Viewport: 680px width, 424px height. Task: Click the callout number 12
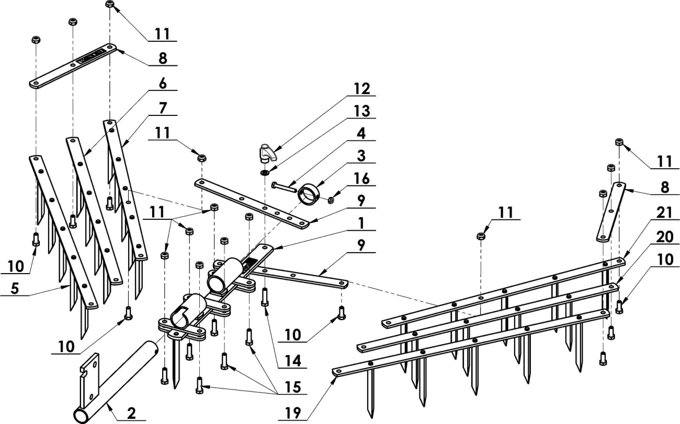click(362, 89)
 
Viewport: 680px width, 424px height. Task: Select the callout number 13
click(362, 111)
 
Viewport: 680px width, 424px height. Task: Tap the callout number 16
click(362, 179)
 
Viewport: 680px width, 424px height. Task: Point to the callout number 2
click(131, 414)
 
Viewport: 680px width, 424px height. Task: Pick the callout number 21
click(665, 213)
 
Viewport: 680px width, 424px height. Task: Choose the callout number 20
click(665, 237)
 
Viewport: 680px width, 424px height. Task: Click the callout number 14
click(293, 361)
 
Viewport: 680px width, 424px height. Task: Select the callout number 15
click(293, 387)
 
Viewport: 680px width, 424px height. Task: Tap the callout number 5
click(15, 289)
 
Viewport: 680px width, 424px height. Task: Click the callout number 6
click(163, 84)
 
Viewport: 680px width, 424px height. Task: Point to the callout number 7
click(163, 108)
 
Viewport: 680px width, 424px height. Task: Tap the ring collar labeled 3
click(308, 195)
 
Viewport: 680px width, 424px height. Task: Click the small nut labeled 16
click(331, 200)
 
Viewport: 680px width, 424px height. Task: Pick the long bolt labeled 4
click(284, 187)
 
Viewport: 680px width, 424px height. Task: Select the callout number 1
click(361, 223)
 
